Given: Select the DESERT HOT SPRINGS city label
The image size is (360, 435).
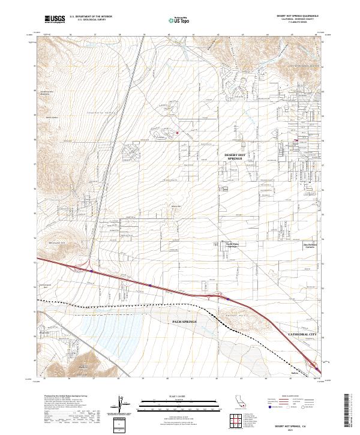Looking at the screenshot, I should click(x=235, y=157).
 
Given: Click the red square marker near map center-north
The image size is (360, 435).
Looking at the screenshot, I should click(x=178, y=133).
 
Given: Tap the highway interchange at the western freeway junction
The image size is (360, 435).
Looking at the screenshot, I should click(x=91, y=265).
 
